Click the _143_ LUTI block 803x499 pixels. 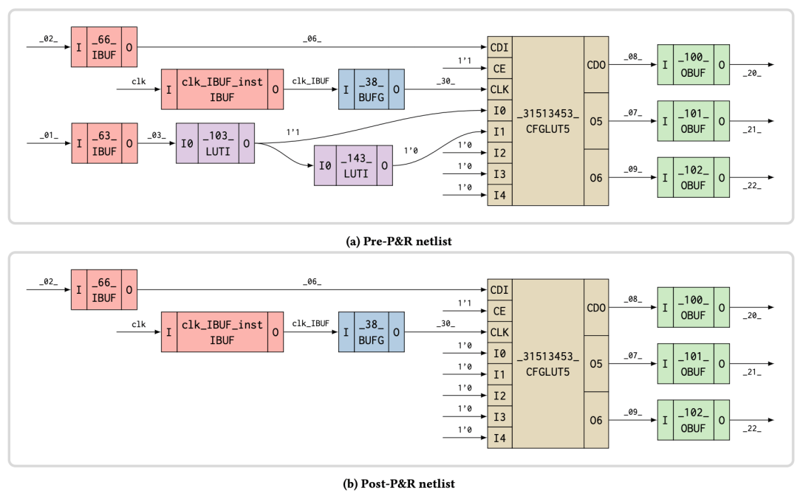pos(352,165)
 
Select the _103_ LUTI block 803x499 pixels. pos(214,143)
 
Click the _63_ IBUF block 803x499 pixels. pos(103,143)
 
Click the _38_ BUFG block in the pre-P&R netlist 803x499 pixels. pos(371,89)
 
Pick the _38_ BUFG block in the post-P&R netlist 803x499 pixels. pos(371,331)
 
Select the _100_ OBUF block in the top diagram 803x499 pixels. pos(693,64)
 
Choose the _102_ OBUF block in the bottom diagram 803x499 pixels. pos(693,420)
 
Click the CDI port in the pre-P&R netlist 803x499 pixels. pos(499,47)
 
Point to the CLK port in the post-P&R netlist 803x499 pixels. pos(499,332)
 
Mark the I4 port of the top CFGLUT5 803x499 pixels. pos(499,196)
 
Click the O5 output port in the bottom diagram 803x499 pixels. pos(596,364)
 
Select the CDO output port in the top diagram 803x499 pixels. pos(596,65)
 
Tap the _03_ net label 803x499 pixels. pos(156,135)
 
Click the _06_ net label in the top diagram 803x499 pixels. pos(312,38)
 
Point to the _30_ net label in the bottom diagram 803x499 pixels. pos(445,323)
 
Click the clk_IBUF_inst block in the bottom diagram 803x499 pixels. pos(222,331)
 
